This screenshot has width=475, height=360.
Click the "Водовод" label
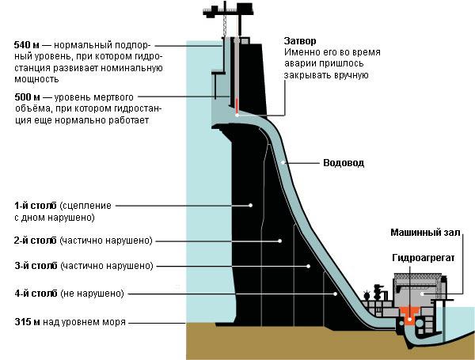344,163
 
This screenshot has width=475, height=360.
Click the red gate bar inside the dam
236,106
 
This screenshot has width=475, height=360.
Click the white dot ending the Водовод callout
283,163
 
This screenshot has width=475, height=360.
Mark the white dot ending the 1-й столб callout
251,205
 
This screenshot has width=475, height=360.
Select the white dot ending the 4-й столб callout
336,294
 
